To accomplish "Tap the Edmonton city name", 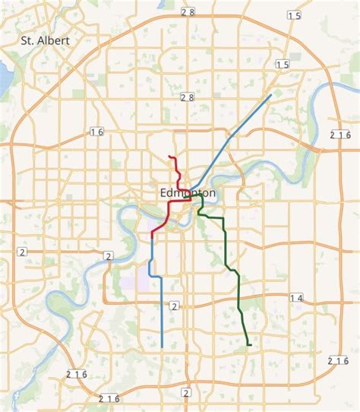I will (188, 194).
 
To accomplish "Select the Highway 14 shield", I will (296, 298).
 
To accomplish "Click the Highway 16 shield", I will (96, 132).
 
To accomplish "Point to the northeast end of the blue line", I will (271, 95).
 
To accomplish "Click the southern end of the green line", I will (250, 346).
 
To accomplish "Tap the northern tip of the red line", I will (169, 157).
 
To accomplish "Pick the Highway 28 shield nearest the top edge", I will (188, 12).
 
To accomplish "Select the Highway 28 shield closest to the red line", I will (188, 97).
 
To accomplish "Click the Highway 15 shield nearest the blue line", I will (283, 65).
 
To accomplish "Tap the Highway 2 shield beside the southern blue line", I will (174, 306).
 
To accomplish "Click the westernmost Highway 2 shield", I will (22, 252).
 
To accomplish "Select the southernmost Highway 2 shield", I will (186, 392).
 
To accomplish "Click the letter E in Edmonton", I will (165, 194).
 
